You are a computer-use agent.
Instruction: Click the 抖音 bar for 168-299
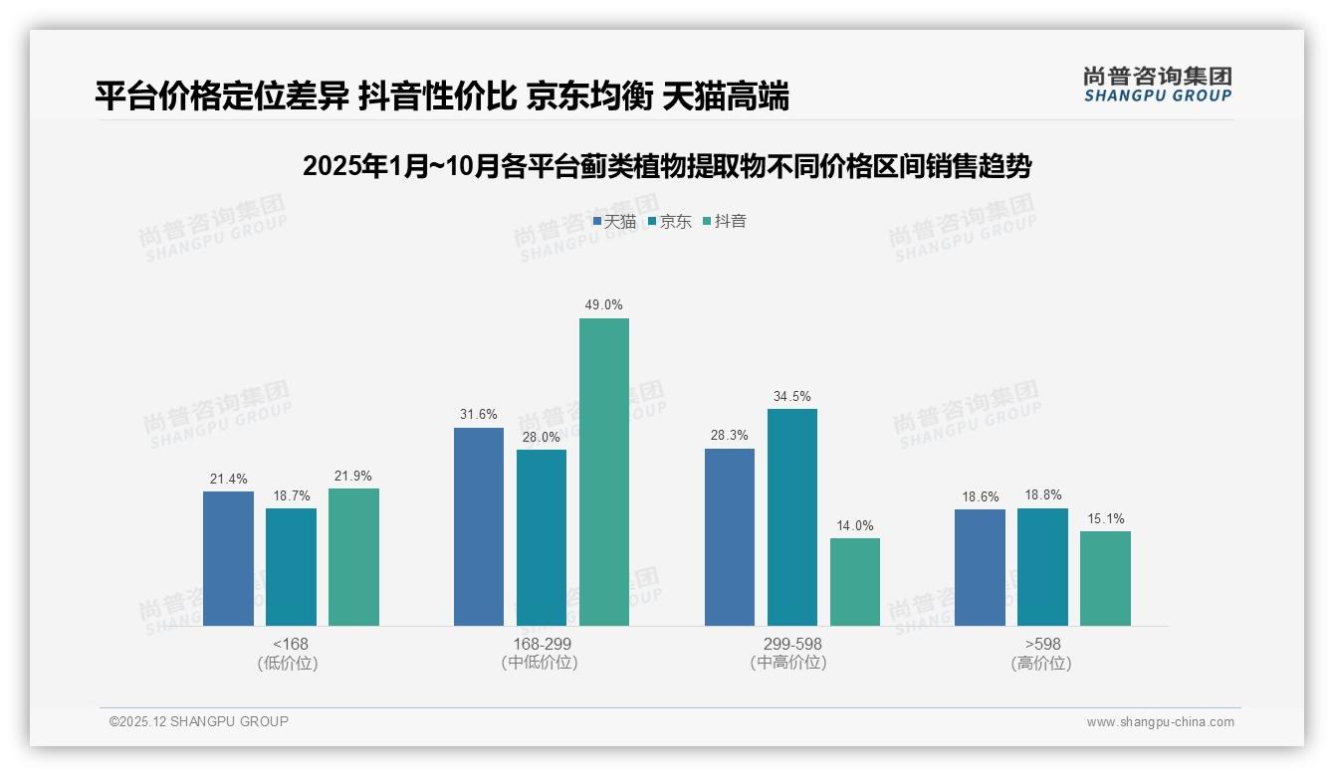[x=604, y=472]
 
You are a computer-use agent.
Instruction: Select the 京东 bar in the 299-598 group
[x=792, y=517]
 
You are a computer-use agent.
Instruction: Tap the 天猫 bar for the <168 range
[x=228, y=558]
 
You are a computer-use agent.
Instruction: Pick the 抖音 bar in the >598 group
[x=1105, y=578]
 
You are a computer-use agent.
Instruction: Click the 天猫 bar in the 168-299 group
[x=479, y=526]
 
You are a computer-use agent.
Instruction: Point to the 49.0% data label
[x=604, y=305]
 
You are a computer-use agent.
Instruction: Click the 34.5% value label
[x=792, y=396]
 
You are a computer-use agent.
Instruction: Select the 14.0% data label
[x=855, y=525]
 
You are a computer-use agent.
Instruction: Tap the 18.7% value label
[x=291, y=495]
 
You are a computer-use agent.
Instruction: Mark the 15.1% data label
[x=1105, y=518]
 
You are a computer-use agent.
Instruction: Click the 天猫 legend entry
[x=614, y=222]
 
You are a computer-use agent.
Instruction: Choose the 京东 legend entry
[x=670, y=222]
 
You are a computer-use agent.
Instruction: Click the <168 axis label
[x=291, y=644]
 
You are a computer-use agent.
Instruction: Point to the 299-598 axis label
[x=792, y=644]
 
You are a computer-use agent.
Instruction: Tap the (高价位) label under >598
[x=1042, y=664]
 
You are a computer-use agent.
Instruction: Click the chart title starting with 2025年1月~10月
[x=667, y=166]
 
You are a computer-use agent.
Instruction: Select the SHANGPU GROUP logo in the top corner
[x=1158, y=85]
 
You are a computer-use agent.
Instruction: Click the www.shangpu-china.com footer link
[x=1160, y=722]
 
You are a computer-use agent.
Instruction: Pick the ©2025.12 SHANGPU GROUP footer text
[x=199, y=721]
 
